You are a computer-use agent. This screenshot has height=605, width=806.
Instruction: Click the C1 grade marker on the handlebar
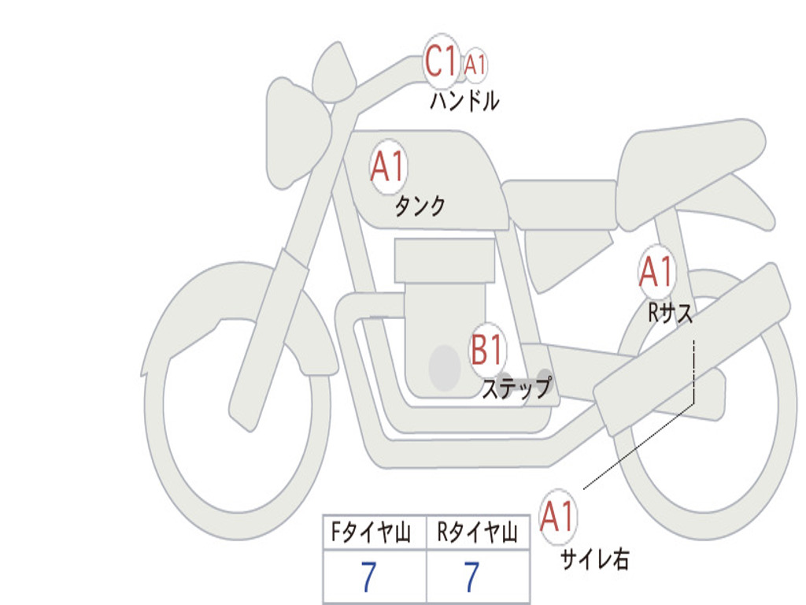pyautogui.click(x=441, y=60)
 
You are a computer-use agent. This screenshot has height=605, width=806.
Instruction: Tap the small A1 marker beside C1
pyautogui.click(x=475, y=65)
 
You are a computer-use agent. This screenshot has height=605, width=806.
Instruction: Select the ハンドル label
pyautogui.click(x=464, y=100)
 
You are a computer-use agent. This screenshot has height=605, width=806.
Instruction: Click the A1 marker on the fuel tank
pyautogui.click(x=389, y=166)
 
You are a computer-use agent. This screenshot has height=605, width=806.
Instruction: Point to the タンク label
pyautogui.click(x=420, y=206)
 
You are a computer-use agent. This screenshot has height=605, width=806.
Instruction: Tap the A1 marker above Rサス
pyautogui.click(x=656, y=271)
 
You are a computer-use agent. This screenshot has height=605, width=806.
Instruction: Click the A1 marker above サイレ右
pyautogui.click(x=557, y=516)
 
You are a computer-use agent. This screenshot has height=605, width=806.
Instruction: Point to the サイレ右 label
pyautogui.click(x=595, y=559)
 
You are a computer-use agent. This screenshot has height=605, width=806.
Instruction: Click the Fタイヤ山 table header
pyautogui.click(x=371, y=532)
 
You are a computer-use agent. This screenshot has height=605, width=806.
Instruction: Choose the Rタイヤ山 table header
pyautogui.click(x=477, y=532)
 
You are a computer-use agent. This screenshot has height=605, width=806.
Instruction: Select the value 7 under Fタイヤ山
pyautogui.click(x=368, y=577)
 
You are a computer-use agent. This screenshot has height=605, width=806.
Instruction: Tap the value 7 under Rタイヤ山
pyautogui.click(x=472, y=577)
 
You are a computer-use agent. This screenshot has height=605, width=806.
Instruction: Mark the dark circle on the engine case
pyautogui.click(x=445, y=367)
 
